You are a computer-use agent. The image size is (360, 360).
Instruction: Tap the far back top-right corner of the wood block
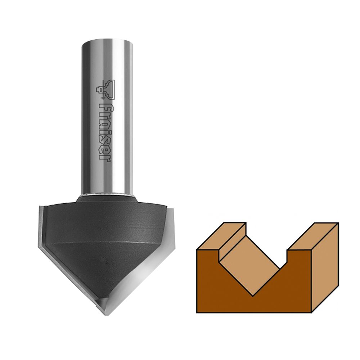click(338, 223)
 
